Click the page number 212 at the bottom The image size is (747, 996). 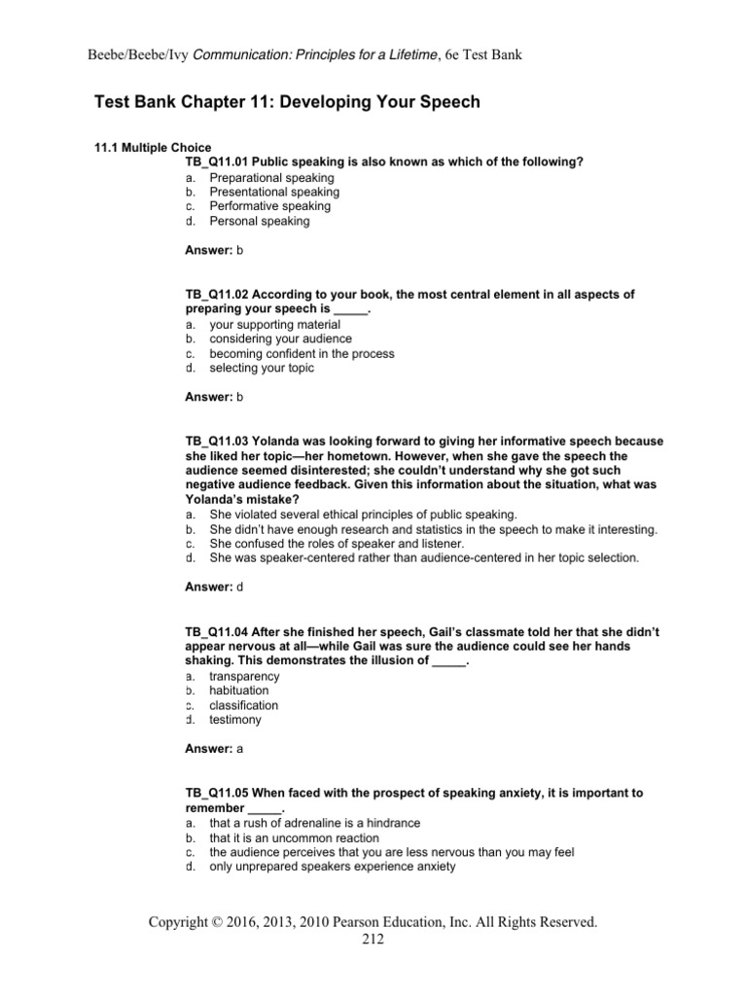(373, 939)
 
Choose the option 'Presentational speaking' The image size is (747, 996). (274, 192)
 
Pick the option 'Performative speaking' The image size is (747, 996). (269, 206)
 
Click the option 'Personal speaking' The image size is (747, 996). (259, 221)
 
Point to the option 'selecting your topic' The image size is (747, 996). (262, 368)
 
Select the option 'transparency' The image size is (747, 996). (244, 676)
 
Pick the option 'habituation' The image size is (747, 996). (241, 691)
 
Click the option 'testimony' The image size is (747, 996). (235, 720)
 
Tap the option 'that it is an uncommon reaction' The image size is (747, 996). (294, 836)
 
